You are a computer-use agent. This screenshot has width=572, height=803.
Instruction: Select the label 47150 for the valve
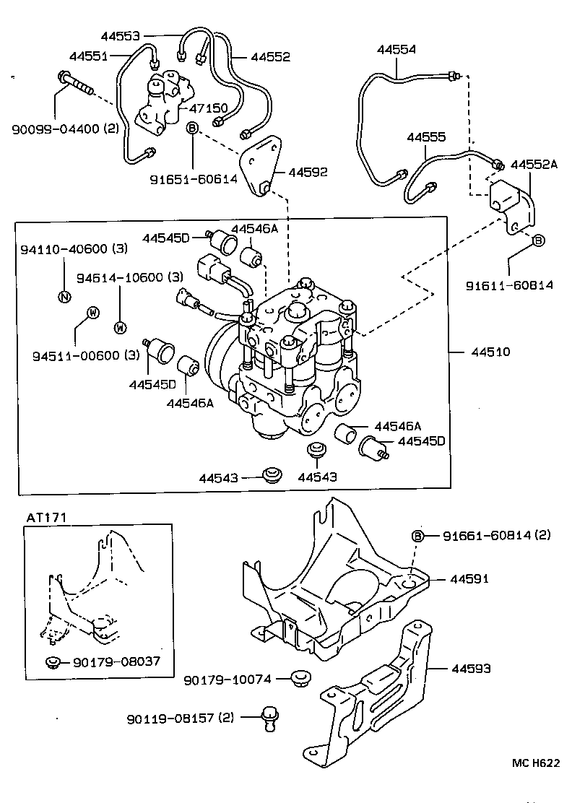pos(209,108)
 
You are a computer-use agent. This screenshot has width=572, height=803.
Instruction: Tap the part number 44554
pos(396,49)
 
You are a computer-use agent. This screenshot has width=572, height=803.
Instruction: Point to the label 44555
pos(426,136)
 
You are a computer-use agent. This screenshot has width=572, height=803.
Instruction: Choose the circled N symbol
pos(64,295)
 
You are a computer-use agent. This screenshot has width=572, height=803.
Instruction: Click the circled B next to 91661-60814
pos(417,535)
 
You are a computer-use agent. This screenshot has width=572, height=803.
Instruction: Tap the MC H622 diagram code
pos(535,763)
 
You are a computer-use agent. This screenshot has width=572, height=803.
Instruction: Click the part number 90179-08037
pos(116,661)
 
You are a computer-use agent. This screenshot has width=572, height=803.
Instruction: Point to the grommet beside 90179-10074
pos(300,678)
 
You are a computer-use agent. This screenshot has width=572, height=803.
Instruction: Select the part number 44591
pos(470,578)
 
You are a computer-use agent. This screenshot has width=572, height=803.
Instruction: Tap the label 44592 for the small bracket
pos(308,172)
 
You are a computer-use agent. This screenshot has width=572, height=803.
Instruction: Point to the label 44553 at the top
pos(122,35)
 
